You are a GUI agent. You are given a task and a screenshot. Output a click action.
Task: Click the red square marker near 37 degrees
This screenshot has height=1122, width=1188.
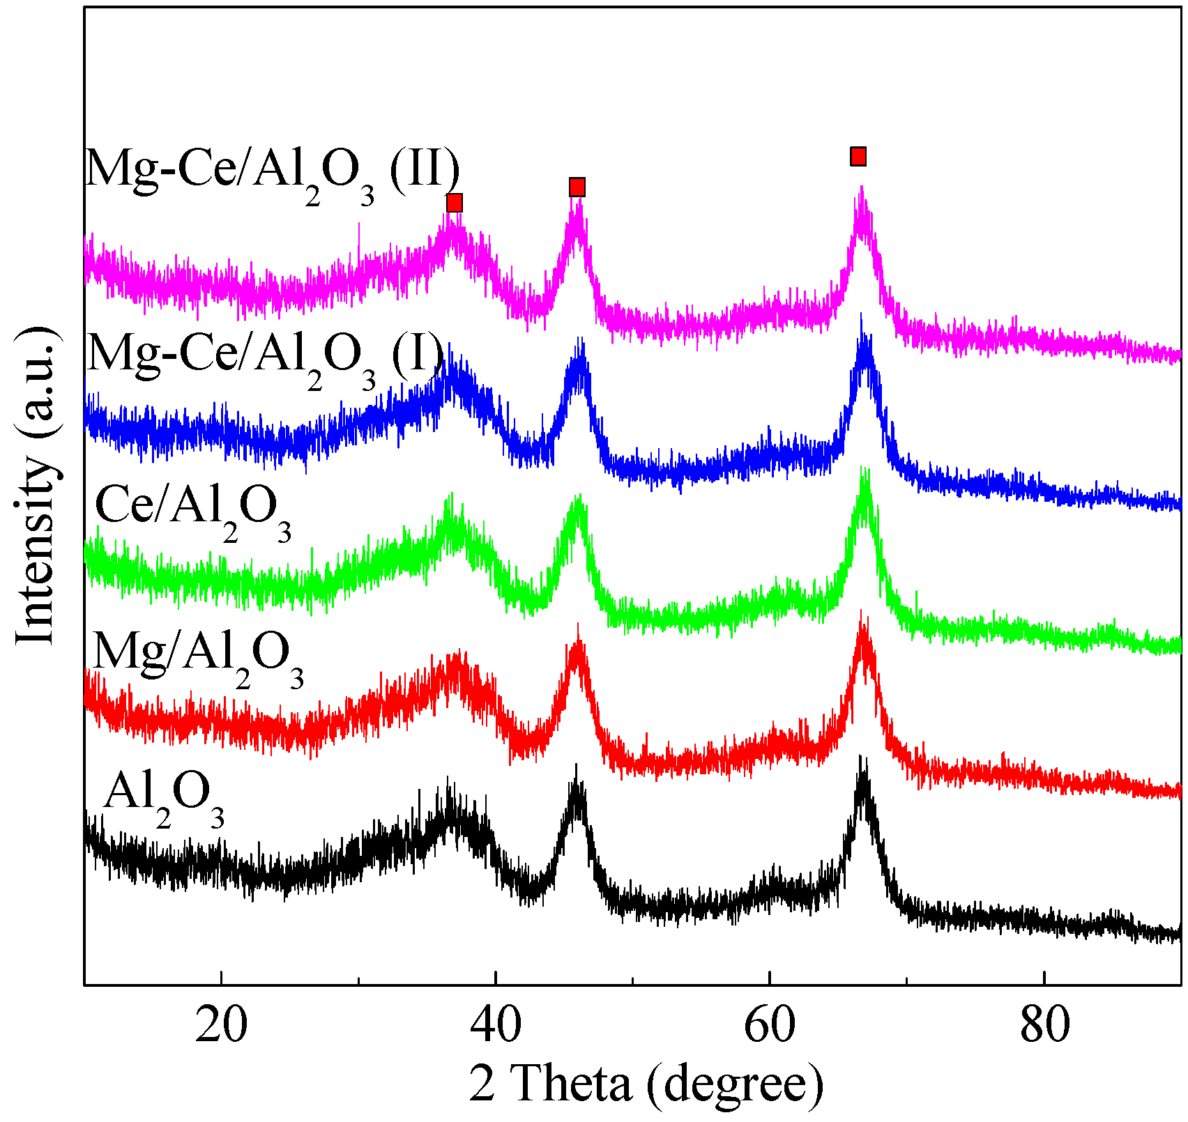point(454,203)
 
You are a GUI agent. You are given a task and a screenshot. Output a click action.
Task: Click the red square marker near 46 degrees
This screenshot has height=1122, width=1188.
point(577,187)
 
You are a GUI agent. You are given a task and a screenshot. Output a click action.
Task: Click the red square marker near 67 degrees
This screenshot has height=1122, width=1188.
point(858,156)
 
